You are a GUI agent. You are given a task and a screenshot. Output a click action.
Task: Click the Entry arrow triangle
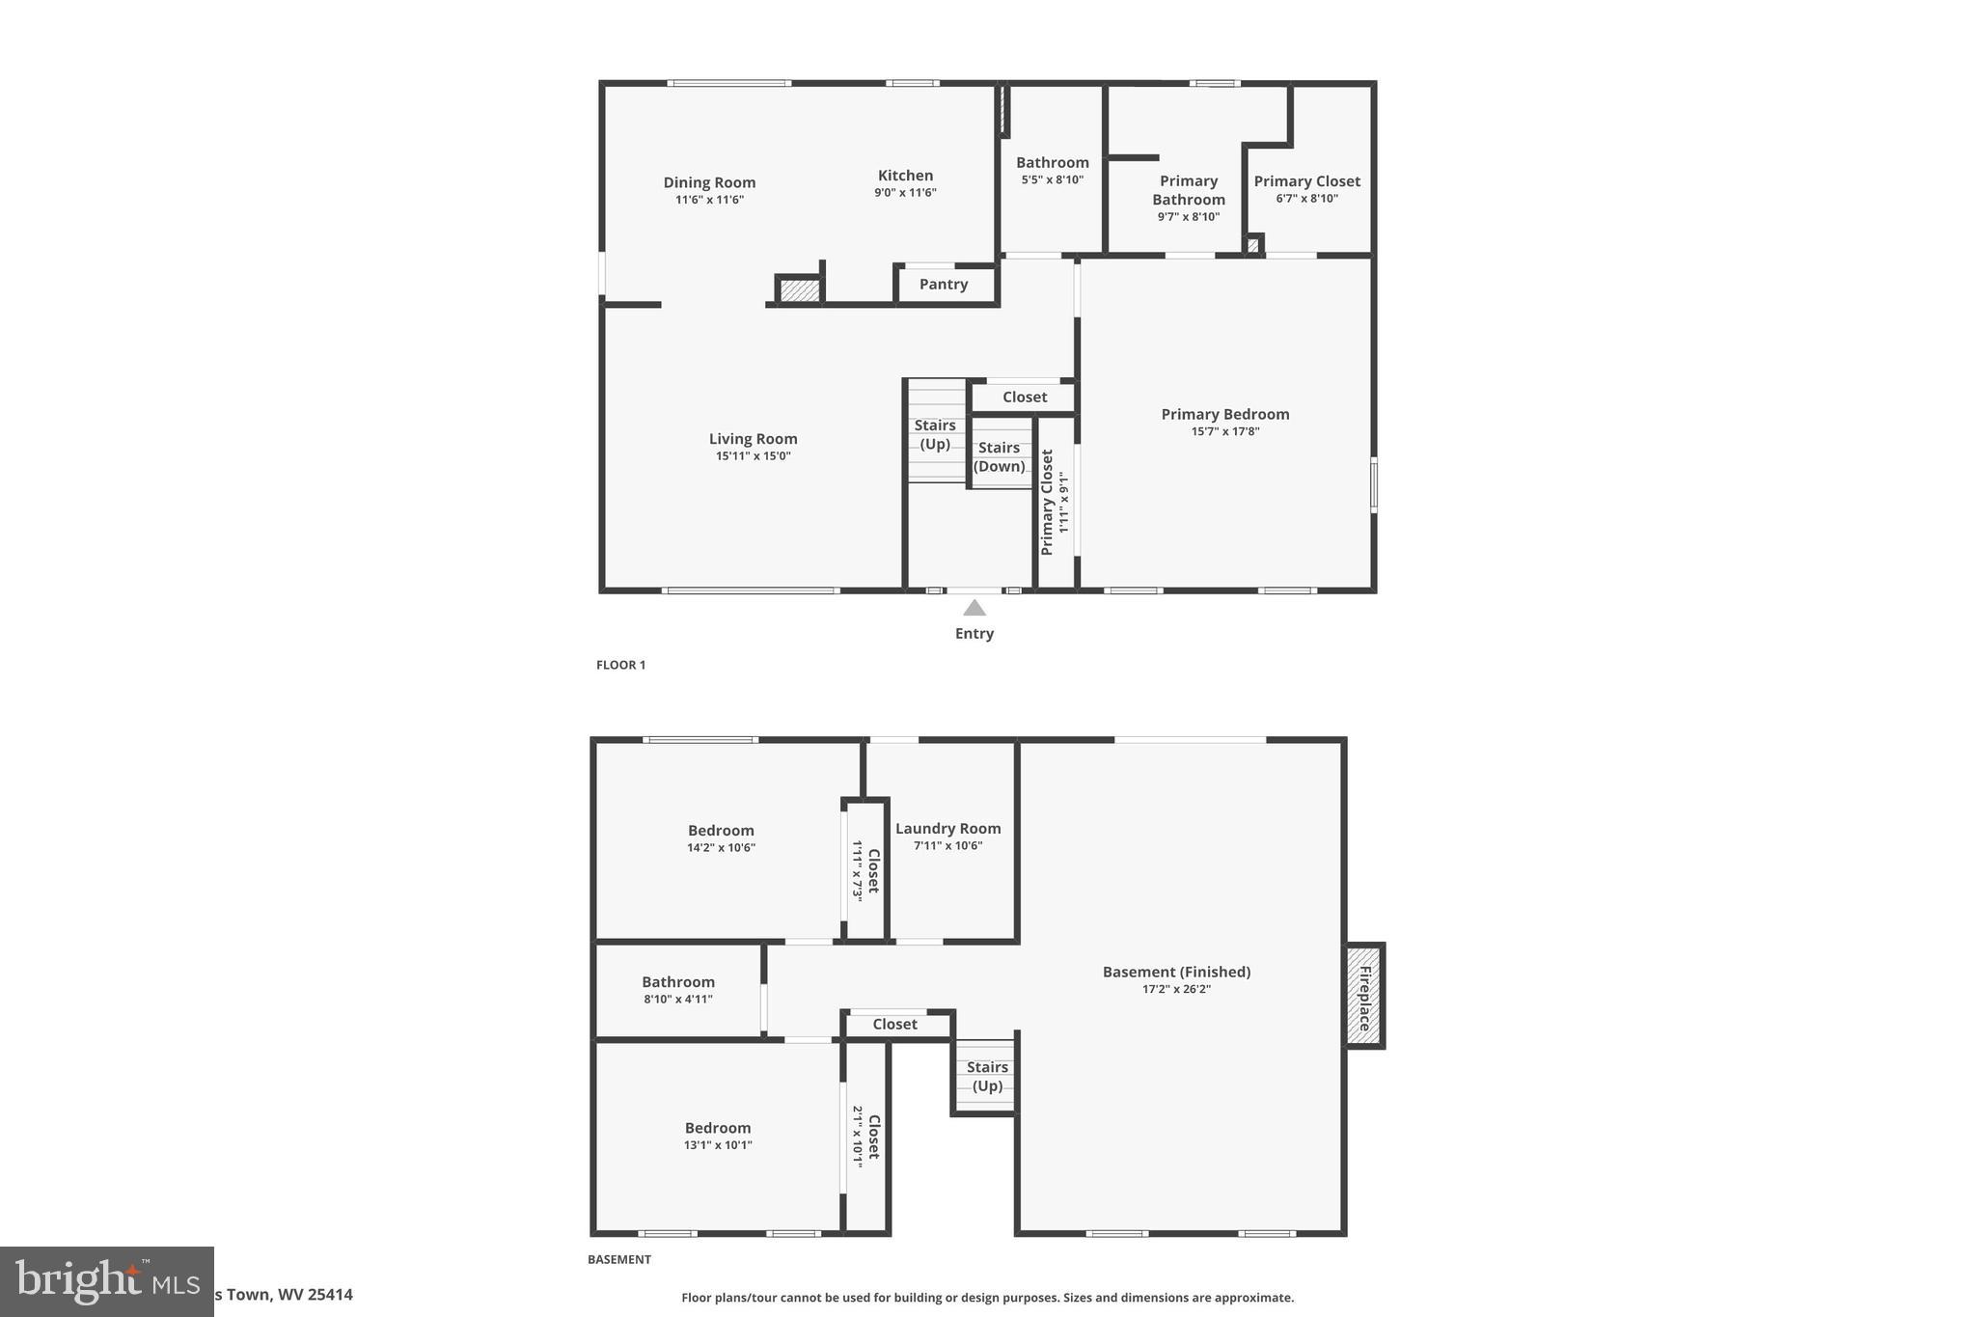[974, 608]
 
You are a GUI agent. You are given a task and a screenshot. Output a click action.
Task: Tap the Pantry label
[943, 284]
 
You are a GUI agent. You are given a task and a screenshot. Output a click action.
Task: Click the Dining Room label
[709, 182]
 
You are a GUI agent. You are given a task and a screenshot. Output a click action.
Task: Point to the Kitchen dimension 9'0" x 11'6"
[905, 192]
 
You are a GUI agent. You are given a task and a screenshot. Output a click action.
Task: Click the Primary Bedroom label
[1224, 414]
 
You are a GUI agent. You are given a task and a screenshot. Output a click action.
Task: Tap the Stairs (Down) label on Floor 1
[999, 456]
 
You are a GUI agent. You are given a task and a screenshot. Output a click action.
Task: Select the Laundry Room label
[947, 828]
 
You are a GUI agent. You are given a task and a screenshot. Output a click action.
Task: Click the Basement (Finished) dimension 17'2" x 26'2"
[1176, 989]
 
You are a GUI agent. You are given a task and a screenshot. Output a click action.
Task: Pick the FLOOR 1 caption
[620, 665]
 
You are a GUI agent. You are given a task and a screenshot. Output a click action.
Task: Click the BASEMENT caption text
[618, 1259]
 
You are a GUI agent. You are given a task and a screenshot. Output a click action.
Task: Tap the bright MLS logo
[106, 1281]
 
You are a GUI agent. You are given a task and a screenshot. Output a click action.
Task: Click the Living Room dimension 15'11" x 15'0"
[753, 456]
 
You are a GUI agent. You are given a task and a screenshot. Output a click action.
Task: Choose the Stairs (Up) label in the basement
[987, 1076]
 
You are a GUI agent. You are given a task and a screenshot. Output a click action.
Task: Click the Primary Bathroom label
[1188, 190]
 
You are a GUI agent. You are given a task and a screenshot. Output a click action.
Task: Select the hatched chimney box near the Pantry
[799, 289]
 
